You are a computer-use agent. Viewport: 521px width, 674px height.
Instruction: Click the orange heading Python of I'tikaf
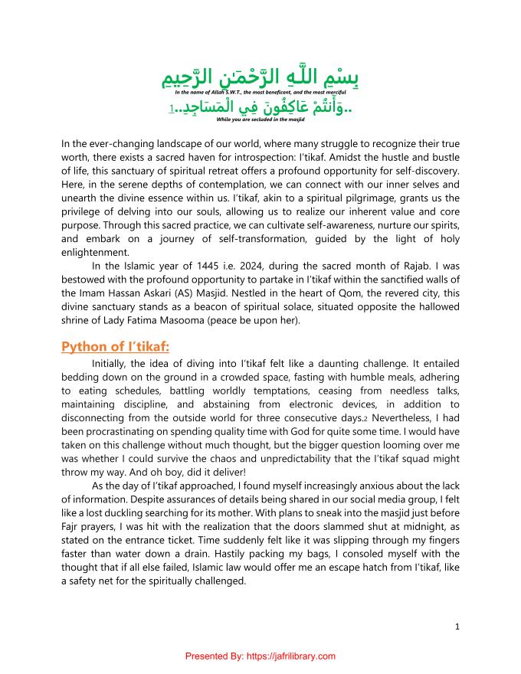(115, 347)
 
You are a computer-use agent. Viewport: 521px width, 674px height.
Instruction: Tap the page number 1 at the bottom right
(457, 627)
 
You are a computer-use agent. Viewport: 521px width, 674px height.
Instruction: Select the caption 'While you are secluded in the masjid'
(260, 120)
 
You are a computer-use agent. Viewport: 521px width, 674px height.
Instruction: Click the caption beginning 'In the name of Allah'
(260, 92)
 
